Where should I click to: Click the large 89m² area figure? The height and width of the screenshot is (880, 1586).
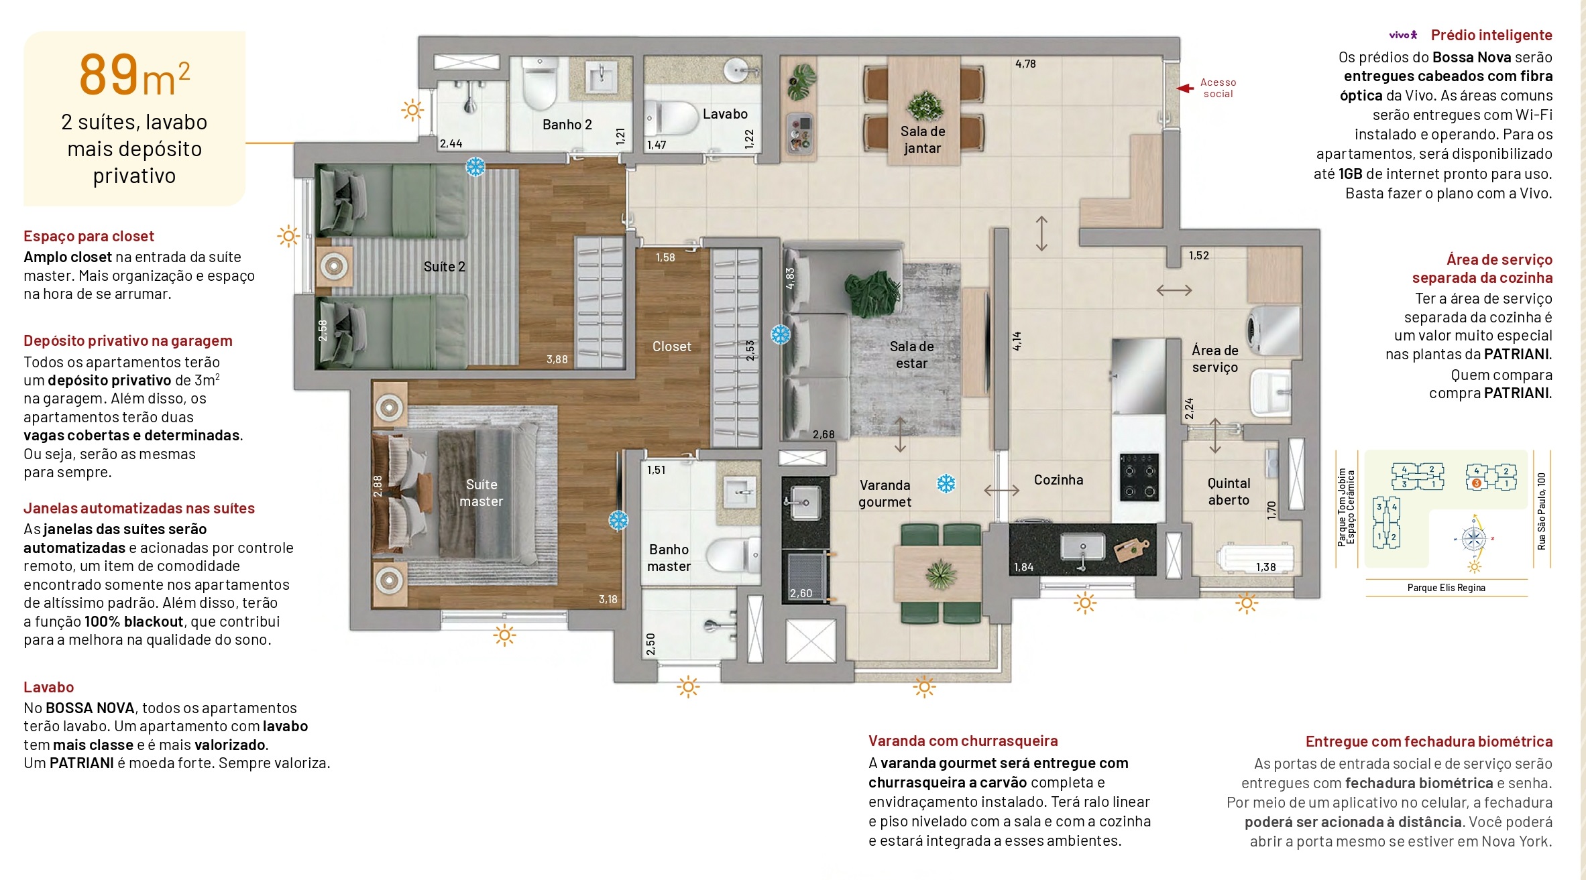(134, 75)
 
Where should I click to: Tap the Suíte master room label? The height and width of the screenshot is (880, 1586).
(481, 493)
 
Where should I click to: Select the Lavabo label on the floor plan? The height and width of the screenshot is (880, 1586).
(725, 114)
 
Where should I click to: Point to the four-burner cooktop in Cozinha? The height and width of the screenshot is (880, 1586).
(1139, 477)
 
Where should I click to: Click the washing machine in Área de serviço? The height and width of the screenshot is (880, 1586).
(1272, 330)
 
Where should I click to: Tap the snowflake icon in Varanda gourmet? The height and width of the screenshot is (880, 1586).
(946, 483)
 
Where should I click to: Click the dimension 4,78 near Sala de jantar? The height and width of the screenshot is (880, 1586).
(1025, 64)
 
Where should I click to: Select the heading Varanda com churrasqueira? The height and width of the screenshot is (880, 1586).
(963, 741)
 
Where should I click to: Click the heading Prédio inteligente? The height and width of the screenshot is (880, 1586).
(1491, 35)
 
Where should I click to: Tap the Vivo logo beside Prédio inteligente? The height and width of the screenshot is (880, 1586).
(1403, 35)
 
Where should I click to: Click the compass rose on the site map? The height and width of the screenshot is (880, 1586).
(1473, 539)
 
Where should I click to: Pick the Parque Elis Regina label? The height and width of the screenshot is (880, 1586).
(1446, 588)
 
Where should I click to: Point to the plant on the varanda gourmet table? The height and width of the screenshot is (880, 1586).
(940, 574)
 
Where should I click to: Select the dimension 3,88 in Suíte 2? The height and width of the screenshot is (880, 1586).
(557, 359)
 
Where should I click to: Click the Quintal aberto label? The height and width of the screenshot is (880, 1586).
(1229, 491)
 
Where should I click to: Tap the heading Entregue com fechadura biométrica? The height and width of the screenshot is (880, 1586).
(1428, 741)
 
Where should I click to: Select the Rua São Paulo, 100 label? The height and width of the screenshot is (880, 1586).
(1542, 511)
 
